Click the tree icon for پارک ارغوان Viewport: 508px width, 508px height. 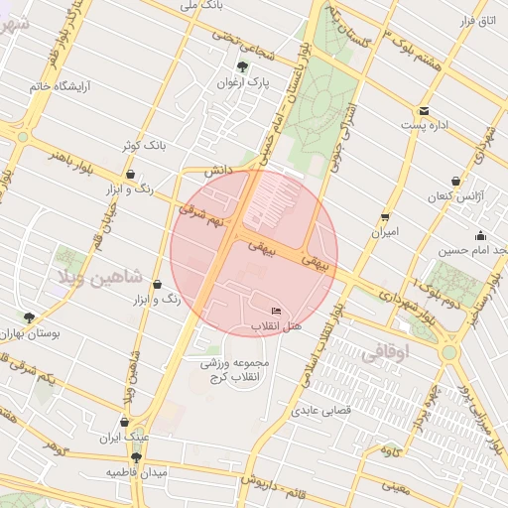[x=243, y=66]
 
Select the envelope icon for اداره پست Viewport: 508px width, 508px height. [x=425, y=110]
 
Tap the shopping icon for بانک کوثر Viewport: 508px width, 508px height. [x=130, y=174]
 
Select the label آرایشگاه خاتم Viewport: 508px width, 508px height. [x=40, y=86]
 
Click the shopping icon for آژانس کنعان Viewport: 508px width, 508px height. [x=455, y=182]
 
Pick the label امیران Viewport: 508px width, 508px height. [x=384, y=232]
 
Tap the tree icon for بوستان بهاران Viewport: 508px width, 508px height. [x=28, y=318]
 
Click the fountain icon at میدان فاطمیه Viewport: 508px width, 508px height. [x=136, y=457]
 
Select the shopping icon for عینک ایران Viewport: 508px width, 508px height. [x=124, y=421]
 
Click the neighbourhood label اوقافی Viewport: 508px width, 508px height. [x=385, y=350]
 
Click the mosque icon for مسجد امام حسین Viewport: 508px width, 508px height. [x=480, y=236]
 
